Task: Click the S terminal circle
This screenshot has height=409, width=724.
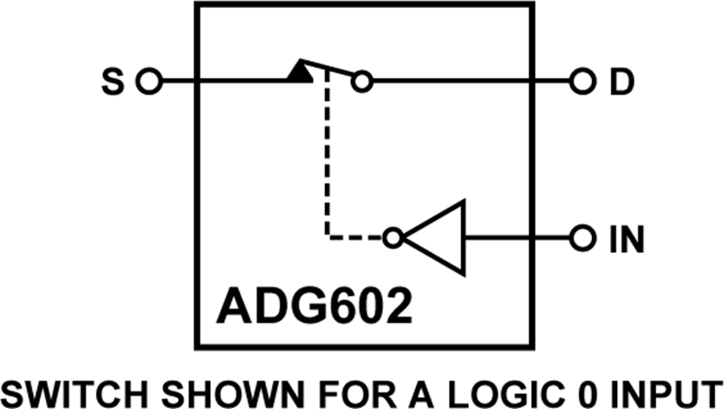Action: coord(149,82)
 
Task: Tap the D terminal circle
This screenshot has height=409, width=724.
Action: coord(582,82)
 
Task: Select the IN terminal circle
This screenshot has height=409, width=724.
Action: coord(582,239)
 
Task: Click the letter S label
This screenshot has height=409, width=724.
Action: coord(113,82)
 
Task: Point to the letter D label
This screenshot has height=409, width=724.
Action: coord(623,82)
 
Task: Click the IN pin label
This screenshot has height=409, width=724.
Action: coord(627,239)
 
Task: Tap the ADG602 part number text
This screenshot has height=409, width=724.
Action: coord(314,306)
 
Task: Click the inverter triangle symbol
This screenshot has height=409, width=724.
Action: coord(435,238)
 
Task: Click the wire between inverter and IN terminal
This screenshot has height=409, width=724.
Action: coord(517,239)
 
